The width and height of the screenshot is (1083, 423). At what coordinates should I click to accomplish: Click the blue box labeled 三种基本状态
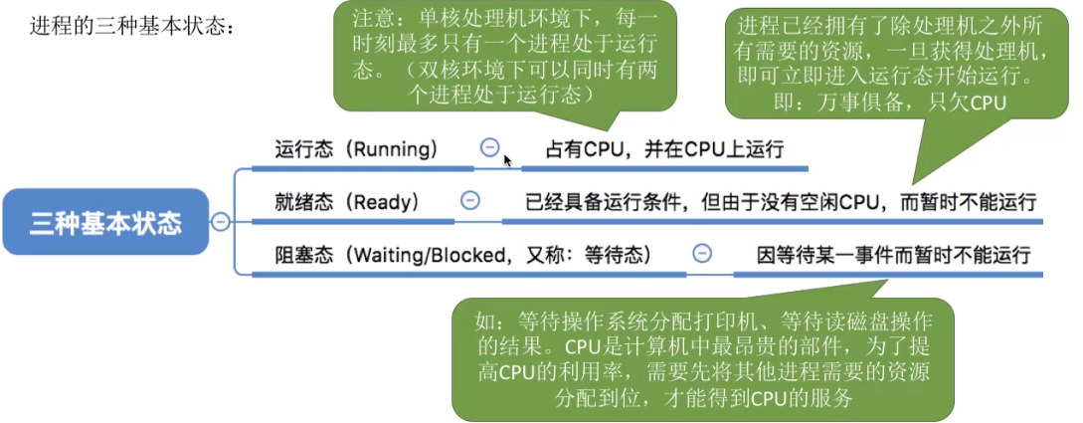click(x=105, y=222)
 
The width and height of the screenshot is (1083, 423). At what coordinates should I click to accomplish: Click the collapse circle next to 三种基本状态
click(x=221, y=222)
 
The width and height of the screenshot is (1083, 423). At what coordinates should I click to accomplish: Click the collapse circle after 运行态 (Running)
click(x=489, y=147)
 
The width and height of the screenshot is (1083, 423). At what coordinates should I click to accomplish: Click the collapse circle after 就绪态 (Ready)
click(x=470, y=200)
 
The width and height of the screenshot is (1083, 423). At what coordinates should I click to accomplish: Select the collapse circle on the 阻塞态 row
click(x=702, y=254)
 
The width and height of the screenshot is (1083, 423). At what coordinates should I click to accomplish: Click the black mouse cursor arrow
click(x=507, y=159)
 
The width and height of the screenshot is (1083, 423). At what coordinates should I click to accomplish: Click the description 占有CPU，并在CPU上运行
click(x=664, y=149)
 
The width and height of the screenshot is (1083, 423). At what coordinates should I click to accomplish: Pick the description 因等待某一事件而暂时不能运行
click(x=893, y=255)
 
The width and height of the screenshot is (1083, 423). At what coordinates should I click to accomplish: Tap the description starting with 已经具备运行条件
click(x=781, y=202)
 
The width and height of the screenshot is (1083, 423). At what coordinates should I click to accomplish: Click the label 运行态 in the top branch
click(x=302, y=149)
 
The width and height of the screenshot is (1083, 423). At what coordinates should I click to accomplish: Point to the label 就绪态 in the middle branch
click(x=302, y=202)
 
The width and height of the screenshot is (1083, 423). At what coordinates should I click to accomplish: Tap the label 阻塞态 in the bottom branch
click(x=302, y=255)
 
